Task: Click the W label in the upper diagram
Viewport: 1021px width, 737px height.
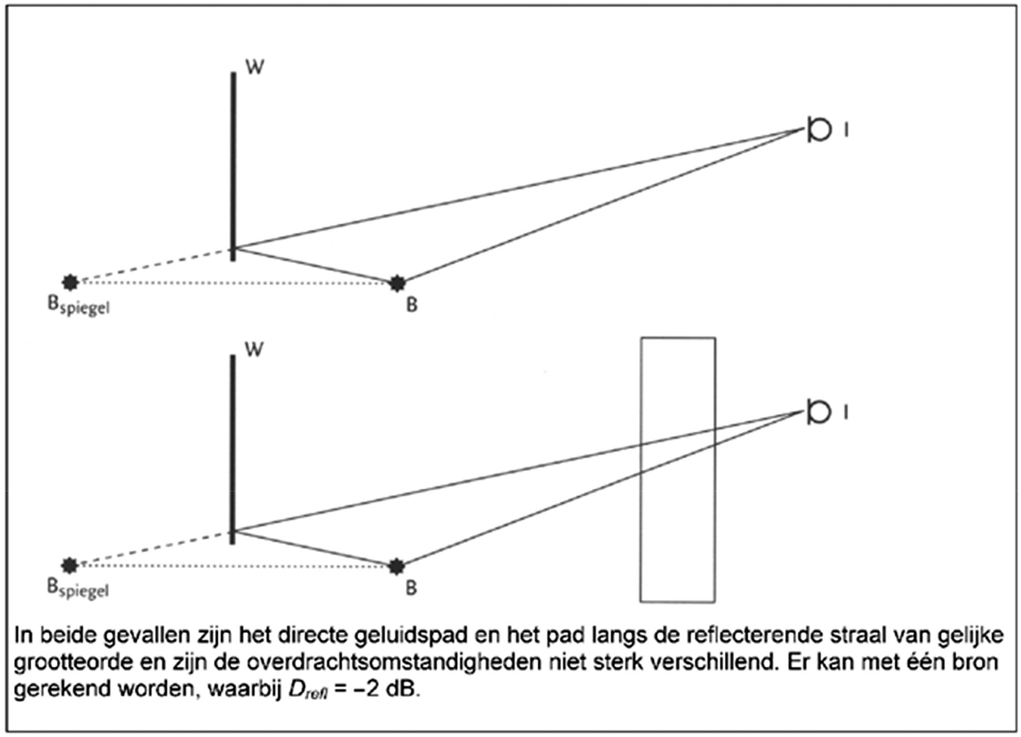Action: coord(254,67)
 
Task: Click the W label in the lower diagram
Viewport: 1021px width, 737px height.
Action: coord(254,349)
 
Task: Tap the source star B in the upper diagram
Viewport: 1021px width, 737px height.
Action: coord(397,283)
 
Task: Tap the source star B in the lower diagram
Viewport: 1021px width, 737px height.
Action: coord(396,566)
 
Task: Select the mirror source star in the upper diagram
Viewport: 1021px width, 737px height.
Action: coord(71,282)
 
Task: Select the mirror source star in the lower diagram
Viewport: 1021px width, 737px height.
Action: coord(70,565)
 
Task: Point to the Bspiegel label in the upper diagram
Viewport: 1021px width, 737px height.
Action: coord(78,306)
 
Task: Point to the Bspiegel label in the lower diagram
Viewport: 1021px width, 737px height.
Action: coord(78,588)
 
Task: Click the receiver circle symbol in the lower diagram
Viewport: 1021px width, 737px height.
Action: coord(818,411)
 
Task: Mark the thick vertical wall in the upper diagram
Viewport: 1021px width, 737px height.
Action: coord(233,167)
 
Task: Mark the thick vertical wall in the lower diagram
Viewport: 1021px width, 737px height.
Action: coord(232,449)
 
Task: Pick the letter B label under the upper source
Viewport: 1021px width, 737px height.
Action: coord(411,305)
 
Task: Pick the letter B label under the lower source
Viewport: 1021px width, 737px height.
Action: coord(411,588)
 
